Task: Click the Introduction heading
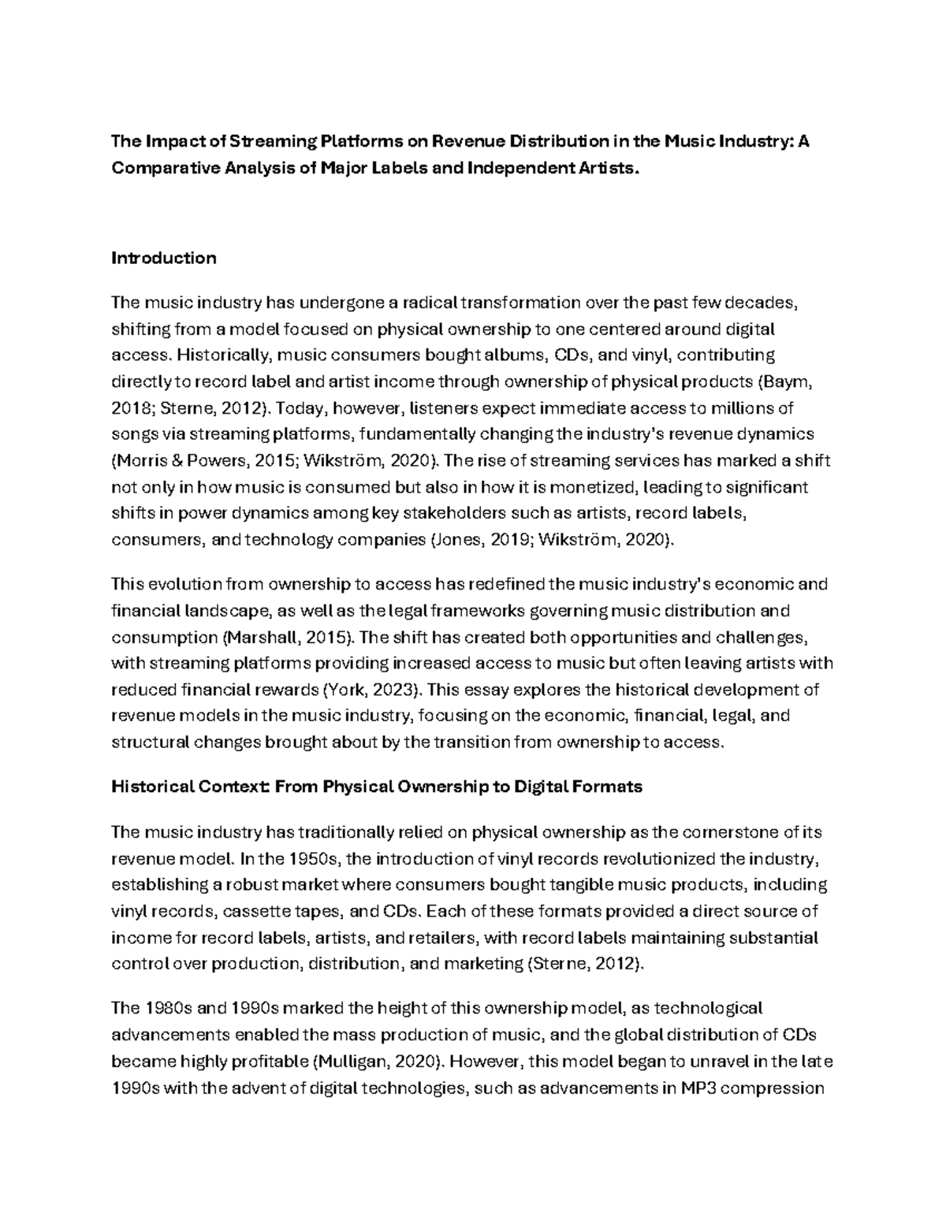(x=164, y=258)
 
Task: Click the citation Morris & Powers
(x=173, y=460)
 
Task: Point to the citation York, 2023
(x=371, y=690)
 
